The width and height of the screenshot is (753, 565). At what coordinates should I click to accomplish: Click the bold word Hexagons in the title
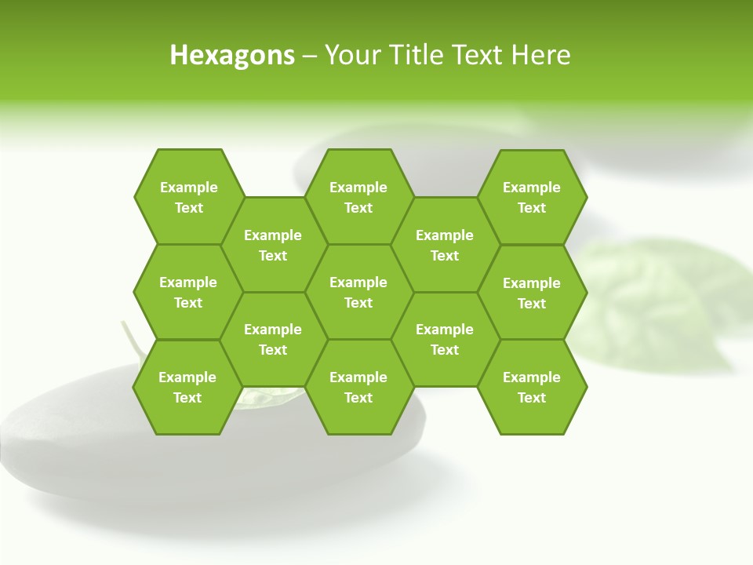click(x=232, y=55)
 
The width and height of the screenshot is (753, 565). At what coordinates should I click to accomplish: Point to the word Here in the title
click(x=540, y=55)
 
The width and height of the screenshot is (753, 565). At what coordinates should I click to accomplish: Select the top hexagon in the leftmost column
click(x=188, y=197)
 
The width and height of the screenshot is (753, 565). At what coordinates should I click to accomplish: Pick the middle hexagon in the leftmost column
click(x=188, y=292)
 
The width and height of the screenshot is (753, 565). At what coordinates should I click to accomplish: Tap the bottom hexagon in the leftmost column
click(x=187, y=387)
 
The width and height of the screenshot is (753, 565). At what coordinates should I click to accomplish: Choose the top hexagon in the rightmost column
click(x=532, y=197)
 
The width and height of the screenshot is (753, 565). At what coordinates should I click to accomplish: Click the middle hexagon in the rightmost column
click(x=532, y=293)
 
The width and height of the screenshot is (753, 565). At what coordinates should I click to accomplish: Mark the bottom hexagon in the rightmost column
click(x=532, y=387)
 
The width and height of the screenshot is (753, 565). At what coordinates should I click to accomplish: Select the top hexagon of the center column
click(x=358, y=197)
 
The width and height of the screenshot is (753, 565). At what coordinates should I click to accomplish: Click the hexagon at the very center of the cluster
click(x=358, y=292)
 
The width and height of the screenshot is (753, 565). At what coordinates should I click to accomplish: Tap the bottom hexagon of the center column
click(x=358, y=387)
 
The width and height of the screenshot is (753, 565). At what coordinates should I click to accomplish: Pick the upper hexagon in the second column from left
click(x=273, y=245)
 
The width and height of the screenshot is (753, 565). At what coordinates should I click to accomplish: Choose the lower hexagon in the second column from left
click(x=273, y=339)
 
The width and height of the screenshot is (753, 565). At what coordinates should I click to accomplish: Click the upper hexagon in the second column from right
click(x=445, y=245)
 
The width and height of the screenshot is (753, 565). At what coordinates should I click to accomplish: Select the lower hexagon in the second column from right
click(x=445, y=339)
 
